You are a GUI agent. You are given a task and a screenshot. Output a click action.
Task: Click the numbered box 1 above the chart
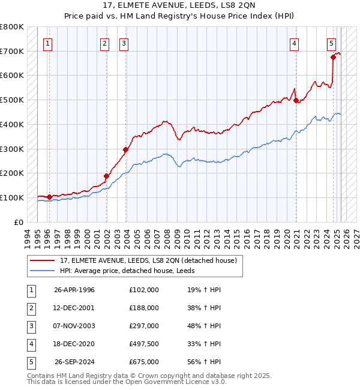(x=47, y=43)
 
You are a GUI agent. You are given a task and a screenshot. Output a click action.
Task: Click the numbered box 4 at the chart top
(x=295, y=43)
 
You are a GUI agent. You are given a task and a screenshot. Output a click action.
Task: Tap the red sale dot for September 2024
(x=333, y=58)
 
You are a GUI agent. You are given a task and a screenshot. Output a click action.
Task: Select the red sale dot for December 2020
(x=296, y=101)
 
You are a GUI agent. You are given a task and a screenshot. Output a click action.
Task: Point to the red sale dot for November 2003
(x=125, y=149)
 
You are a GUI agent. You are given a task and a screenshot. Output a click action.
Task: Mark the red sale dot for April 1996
(x=49, y=197)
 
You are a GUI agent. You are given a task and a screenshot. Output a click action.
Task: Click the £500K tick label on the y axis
(x=12, y=100)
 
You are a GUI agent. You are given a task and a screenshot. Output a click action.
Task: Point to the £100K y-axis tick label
(x=12, y=197)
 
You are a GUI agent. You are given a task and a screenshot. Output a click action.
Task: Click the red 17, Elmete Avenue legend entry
(x=149, y=260)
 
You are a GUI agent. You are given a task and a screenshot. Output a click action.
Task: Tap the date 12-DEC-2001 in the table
(x=74, y=308)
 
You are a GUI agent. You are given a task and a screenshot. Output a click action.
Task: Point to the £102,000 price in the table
(x=144, y=290)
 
